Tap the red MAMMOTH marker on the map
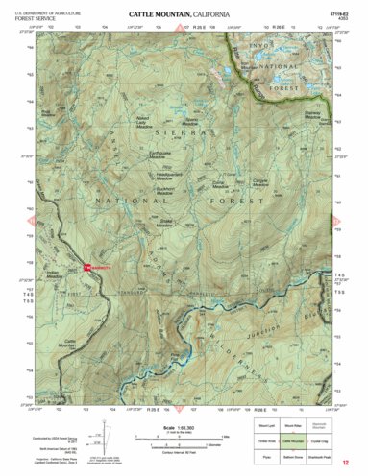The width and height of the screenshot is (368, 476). pyautogui.click(x=98, y=267)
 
